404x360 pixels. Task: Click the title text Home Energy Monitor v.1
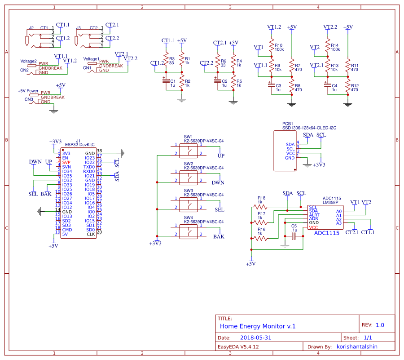click(258, 326)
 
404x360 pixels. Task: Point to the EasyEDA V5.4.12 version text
click(238, 347)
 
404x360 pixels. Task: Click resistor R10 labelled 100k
click(271, 47)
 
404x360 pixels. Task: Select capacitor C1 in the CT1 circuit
click(166, 82)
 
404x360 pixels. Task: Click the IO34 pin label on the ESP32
click(67, 171)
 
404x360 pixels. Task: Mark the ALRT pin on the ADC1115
click(314, 215)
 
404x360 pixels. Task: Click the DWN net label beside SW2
click(218, 182)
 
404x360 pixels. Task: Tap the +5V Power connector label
click(27, 91)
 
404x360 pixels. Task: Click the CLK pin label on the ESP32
click(91, 234)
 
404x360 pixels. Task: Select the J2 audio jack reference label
click(31, 28)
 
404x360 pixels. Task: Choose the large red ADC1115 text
click(326, 233)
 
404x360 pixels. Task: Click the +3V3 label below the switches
click(155, 243)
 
